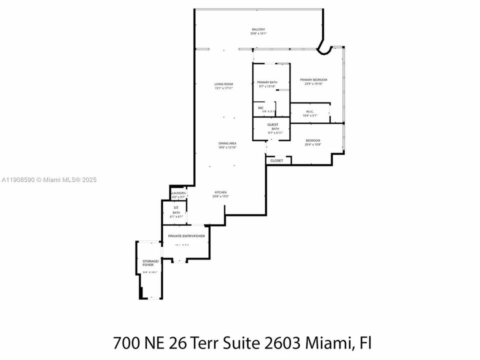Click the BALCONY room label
tap(258, 29)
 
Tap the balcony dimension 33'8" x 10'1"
tap(258, 33)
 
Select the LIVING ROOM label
tap(224, 84)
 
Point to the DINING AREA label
tap(227, 143)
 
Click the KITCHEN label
tap(221, 192)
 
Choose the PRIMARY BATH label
tap(267, 82)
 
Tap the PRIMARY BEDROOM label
tap(313, 80)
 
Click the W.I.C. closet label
tap(310, 111)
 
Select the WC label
tap(260, 108)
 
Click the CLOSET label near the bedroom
tap(276, 160)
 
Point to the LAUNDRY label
tap(178, 193)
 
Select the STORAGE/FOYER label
tap(150, 262)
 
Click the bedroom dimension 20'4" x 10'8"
tap(313, 144)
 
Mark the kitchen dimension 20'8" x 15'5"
tap(221, 196)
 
